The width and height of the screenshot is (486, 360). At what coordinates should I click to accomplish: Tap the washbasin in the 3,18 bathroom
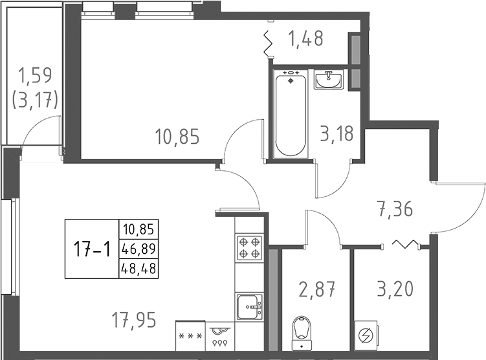pos(330,80)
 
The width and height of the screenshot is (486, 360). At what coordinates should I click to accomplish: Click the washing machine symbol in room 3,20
pos(366,335)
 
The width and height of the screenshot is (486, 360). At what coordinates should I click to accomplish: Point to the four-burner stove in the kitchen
pos(249,246)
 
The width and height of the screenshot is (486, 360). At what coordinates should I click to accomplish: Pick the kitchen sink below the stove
pos(249,305)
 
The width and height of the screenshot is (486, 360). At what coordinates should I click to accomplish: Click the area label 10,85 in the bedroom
pos(177,137)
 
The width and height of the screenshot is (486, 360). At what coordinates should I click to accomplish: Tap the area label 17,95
pos(134,320)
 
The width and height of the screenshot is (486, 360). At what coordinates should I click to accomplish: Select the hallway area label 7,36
pos(395,209)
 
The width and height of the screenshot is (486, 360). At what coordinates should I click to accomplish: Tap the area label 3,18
pos(337,135)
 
